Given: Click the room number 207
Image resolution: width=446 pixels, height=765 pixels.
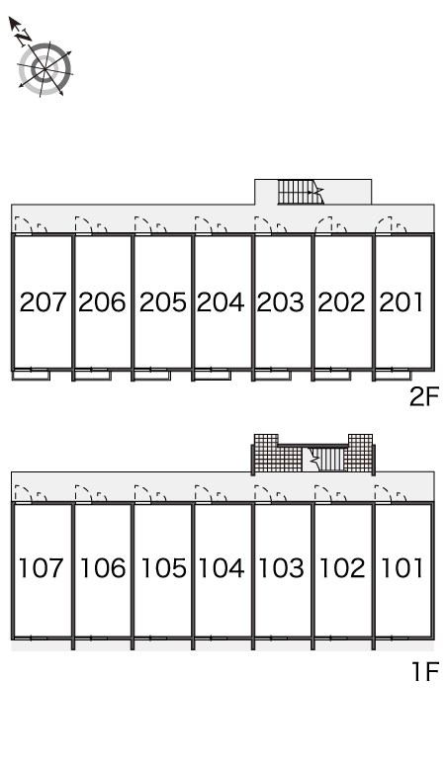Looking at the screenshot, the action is pyautogui.click(x=43, y=302).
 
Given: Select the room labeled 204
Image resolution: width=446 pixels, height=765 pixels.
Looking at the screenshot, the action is pyautogui.click(x=221, y=302).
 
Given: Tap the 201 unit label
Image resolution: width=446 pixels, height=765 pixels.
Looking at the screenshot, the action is pyautogui.click(x=401, y=302).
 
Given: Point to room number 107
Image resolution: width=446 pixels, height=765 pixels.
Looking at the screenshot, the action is pyautogui.click(x=41, y=568).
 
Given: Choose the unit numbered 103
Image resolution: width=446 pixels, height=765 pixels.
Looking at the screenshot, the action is pyautogui.click(x=281, y=568).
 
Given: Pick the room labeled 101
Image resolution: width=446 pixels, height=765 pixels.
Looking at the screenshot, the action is pyautogui.click(x=401, y=568).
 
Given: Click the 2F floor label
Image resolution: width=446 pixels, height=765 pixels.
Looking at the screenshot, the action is pyautogui.click(x=424, y=396).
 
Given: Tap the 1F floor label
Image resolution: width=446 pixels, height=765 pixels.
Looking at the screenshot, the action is pyautogui.click(x=425, y=672).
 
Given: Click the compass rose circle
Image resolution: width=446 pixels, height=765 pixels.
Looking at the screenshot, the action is pyautogui.click(x=45, y=69).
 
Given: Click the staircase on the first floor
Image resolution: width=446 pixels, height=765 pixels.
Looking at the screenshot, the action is pyautogui.click(x=324, y=460).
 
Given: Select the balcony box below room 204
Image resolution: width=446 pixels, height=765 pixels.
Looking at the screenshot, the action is pyautogui.click(x=213, y=376).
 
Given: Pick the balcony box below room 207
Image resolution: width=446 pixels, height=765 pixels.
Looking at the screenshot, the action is pyautogui.click(x=31, y=376).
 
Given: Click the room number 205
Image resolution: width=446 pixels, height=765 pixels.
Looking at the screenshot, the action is pyautogui.click(x=162, y=302).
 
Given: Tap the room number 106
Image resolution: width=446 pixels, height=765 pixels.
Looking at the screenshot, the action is pyautogui.click(x=103, y=568).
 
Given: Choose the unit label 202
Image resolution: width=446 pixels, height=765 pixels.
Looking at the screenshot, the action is pyautogui.click(x=341, y=302).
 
